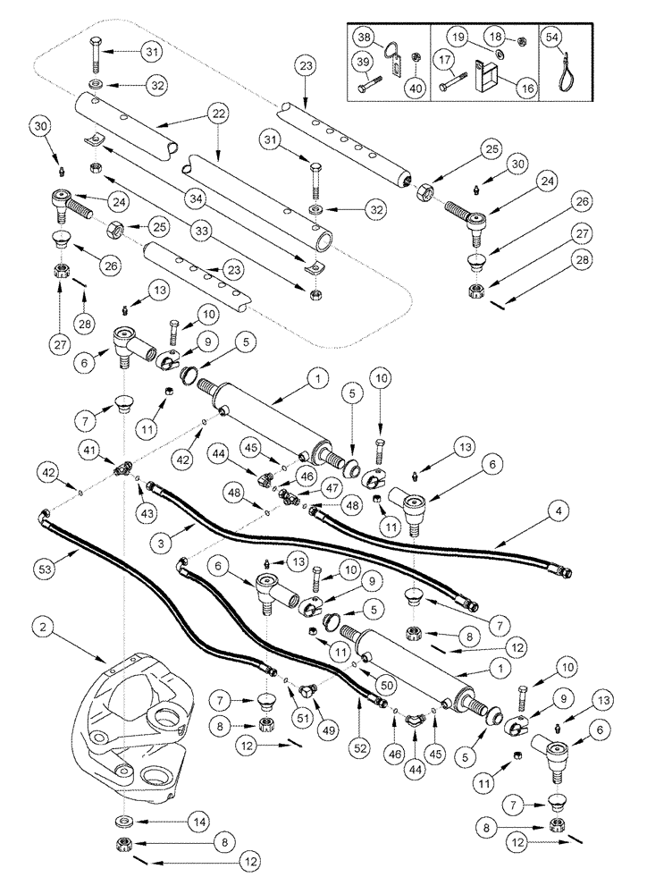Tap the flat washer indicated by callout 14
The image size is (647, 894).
pos(120,821)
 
